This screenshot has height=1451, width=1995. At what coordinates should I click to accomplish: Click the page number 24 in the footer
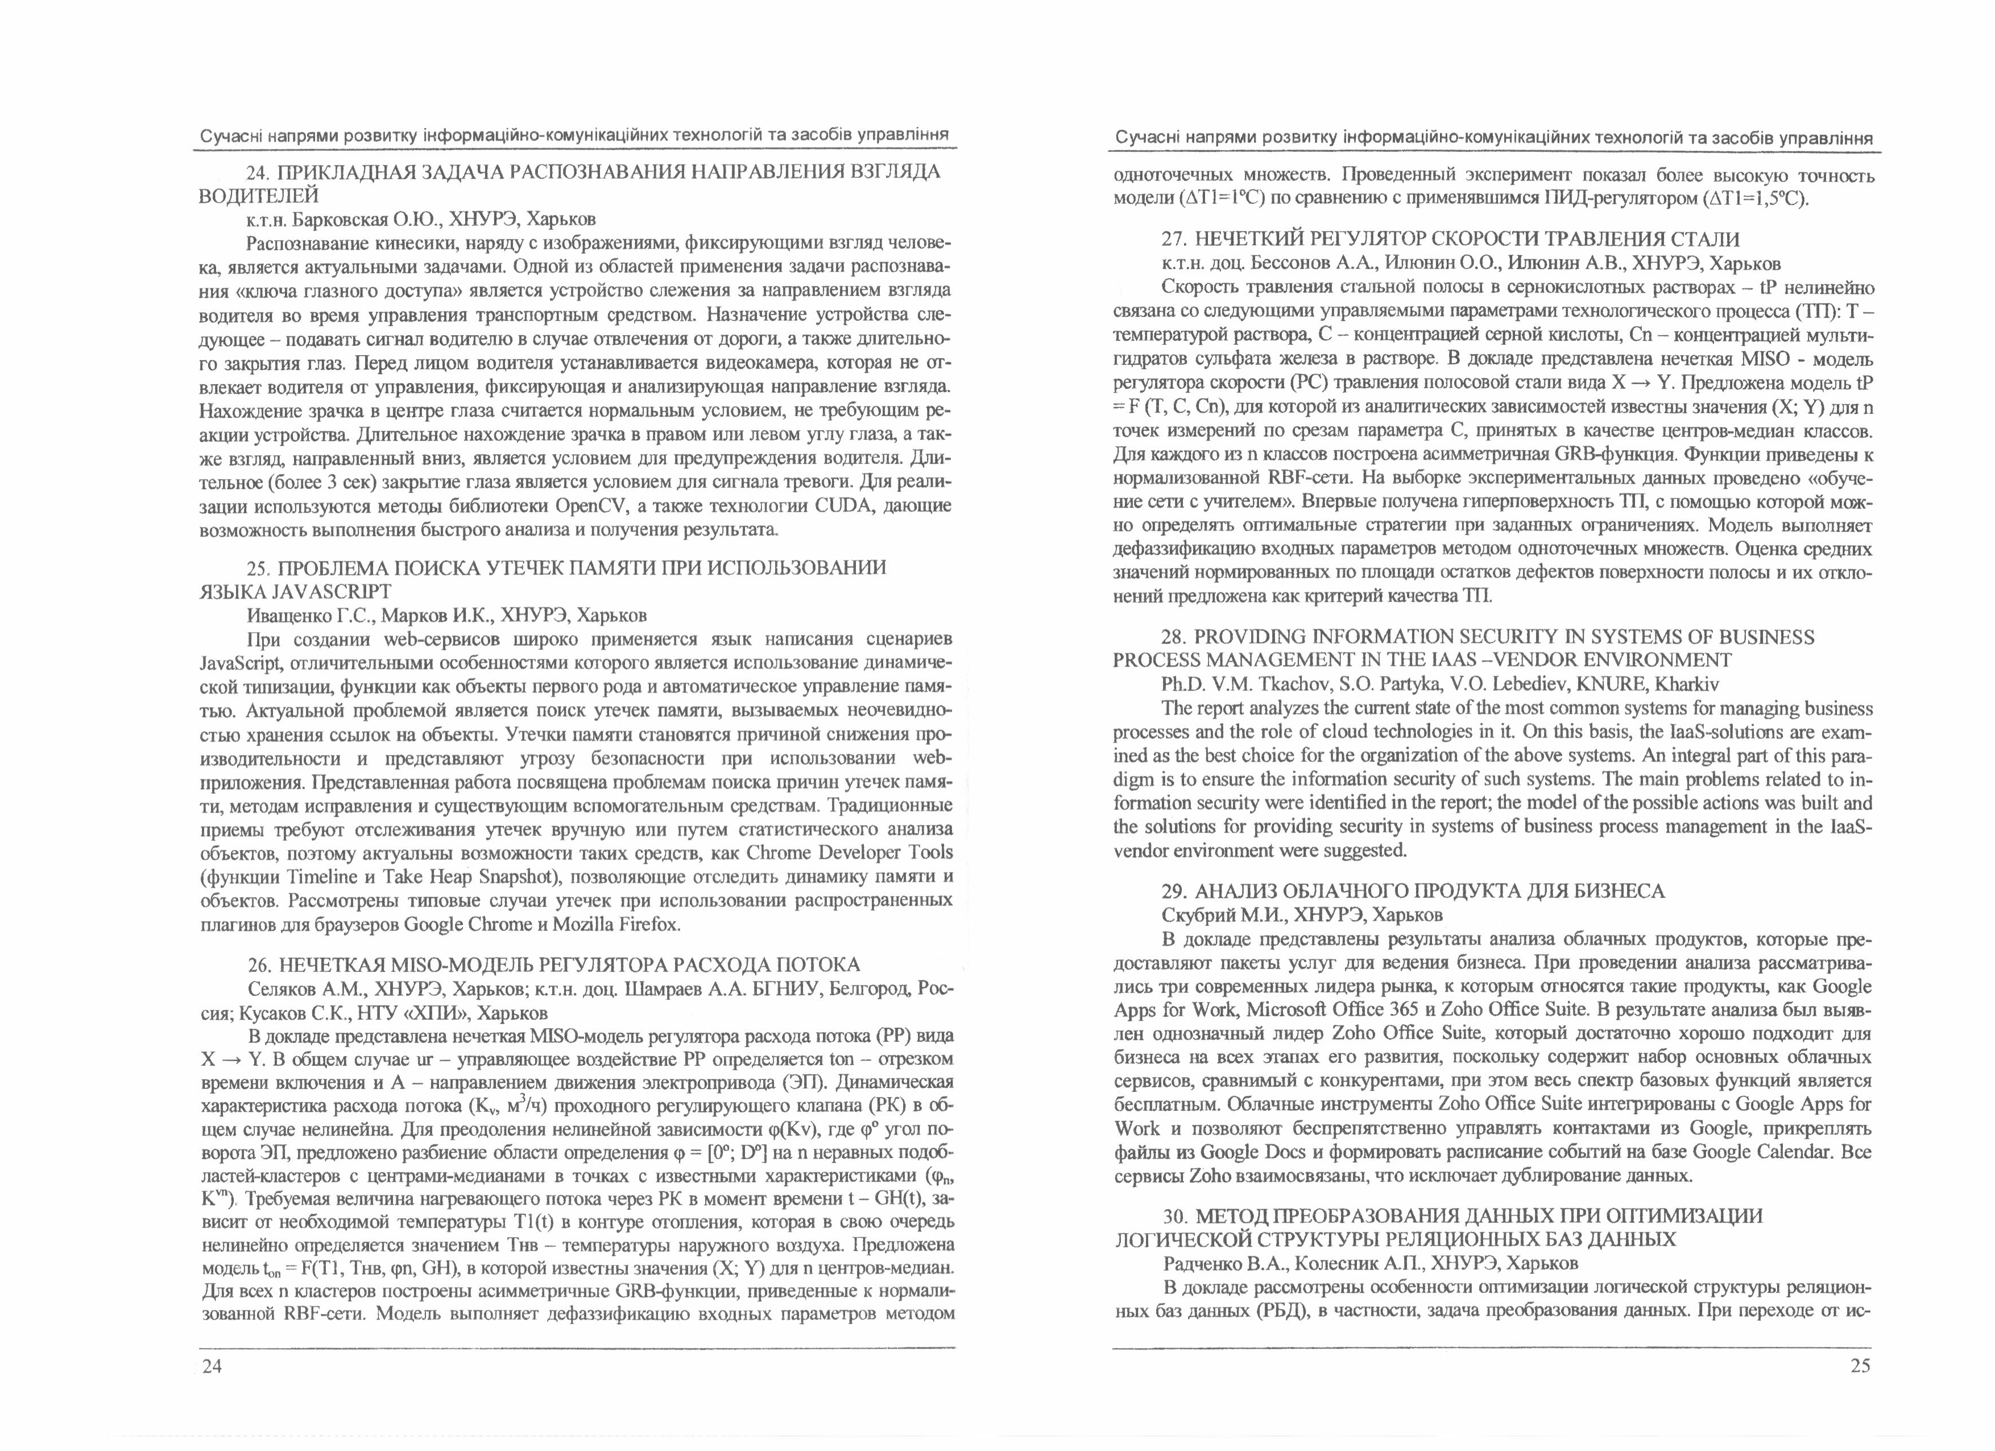[x=212, y=1366]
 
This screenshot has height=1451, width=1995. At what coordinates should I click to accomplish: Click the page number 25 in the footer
[x=1860, y=1366]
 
